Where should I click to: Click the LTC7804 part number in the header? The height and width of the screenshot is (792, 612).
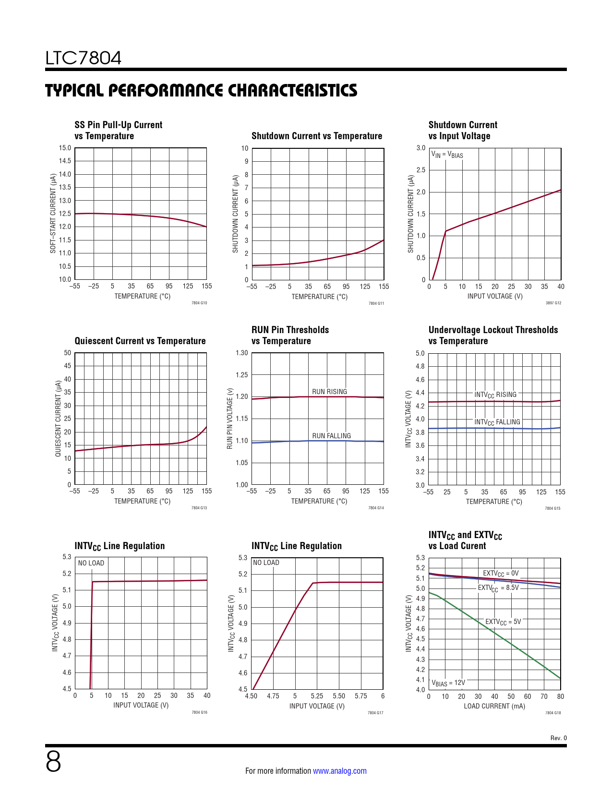coord(84,58)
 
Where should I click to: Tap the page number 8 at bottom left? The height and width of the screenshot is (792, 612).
coord(53,762)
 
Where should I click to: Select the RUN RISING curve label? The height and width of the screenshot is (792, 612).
coord(329,392)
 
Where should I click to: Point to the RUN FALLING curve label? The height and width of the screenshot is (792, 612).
coord(331,436)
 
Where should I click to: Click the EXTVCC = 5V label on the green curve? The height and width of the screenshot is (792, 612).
coord(503,622)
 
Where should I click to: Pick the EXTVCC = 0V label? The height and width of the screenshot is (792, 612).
coord(501,574)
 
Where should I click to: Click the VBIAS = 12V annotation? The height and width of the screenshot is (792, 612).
coord(448,683)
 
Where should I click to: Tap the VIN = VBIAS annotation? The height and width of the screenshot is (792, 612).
coord(447,155)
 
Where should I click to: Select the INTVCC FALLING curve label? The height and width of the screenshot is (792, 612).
coord(497,422)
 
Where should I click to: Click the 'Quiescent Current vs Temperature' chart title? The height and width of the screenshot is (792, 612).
coord(140,341)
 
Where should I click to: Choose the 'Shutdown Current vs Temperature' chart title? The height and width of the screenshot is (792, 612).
coord(317,136)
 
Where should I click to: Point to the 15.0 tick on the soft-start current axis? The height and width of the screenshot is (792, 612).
coord(65,148)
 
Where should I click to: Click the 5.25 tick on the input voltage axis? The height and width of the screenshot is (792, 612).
coord(317,696)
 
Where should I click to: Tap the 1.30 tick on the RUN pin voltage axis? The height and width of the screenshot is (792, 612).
coord(241,353)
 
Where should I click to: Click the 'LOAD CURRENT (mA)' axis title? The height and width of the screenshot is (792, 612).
coord(494,706)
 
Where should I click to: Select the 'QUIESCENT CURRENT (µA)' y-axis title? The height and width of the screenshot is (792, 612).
coord(58,419)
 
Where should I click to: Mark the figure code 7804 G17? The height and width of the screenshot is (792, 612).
coord(375,713)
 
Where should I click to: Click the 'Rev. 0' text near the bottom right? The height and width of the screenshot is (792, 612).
coord(558,738)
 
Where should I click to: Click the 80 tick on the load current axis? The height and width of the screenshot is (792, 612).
coord(561,696)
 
